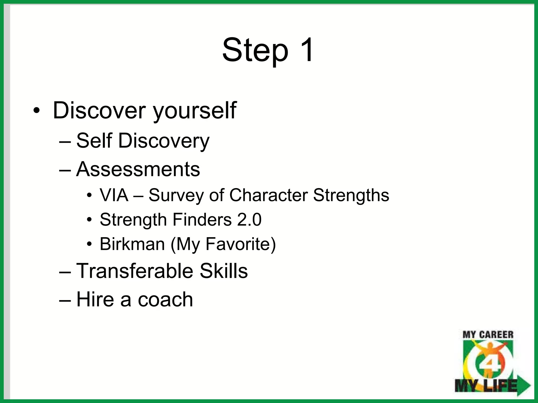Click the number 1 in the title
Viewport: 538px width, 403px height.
coord(305,50)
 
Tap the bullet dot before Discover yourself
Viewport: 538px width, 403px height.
coord(37,110)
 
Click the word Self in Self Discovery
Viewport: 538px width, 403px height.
coord(94,141)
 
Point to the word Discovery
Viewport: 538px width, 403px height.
coord(164,141)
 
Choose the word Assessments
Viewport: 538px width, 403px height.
coord(138,169)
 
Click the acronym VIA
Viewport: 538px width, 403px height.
coord(114,195)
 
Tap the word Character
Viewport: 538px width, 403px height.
coord(268,195)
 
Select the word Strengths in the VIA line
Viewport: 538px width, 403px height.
coord(351,196)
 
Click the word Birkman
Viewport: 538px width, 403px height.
coord(132,244)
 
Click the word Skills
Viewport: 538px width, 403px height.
coord(224,271)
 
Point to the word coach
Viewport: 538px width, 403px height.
coord(165,299)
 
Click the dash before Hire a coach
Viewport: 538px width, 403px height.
coord(65,300)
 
